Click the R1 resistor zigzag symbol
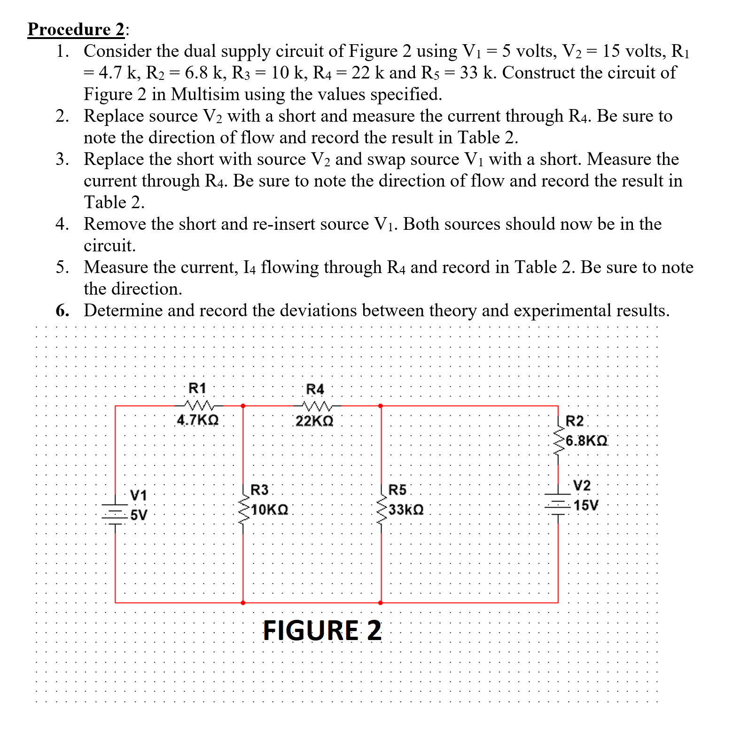tap(199, 405)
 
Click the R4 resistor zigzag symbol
tap(318, 405)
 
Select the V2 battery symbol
tap(558, 503)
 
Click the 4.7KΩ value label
tap(198, 420)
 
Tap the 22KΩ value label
tap(314, 421)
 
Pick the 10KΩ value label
tap(270, 510)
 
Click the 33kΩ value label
tap(406, 510)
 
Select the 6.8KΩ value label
tap(586, 441)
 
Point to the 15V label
tap(586, 506)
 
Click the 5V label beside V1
tap(139, 515)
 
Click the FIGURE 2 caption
tap(322, 631)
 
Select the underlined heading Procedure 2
tap(76, 29)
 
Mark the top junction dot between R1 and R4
tap(243, 406)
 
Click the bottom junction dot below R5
tap(381, 602)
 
